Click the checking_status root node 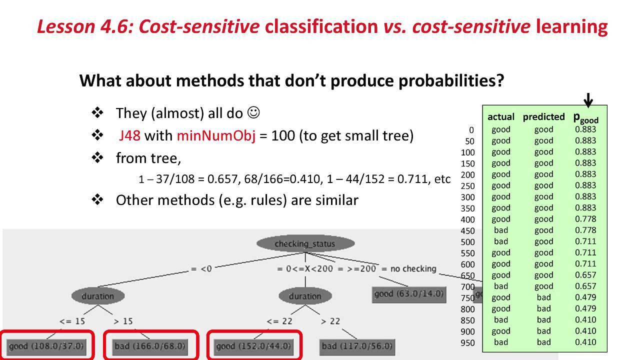[305, 244]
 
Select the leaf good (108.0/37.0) [46, 346]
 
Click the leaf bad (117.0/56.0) [357, 346]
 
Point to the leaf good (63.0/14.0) [408, 293]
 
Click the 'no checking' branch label [413, 269]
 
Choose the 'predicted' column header [543, 117]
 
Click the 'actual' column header [500, 117]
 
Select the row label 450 [468, 231]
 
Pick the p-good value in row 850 [585, 320]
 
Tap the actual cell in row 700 [500, 286]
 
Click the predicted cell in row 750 [543, 297]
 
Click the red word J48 [129, 136]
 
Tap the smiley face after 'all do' [253, 113]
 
